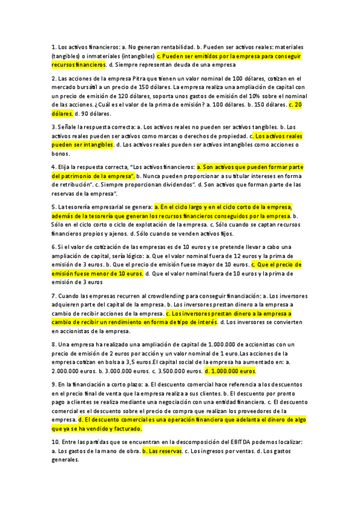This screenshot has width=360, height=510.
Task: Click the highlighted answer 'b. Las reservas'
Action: pos(162,450)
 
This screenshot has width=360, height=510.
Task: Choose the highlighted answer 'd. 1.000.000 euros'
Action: pos(230,371)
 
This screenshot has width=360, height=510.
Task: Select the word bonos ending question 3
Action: pos(60,153)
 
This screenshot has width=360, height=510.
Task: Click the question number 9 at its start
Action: pos(54,383)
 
